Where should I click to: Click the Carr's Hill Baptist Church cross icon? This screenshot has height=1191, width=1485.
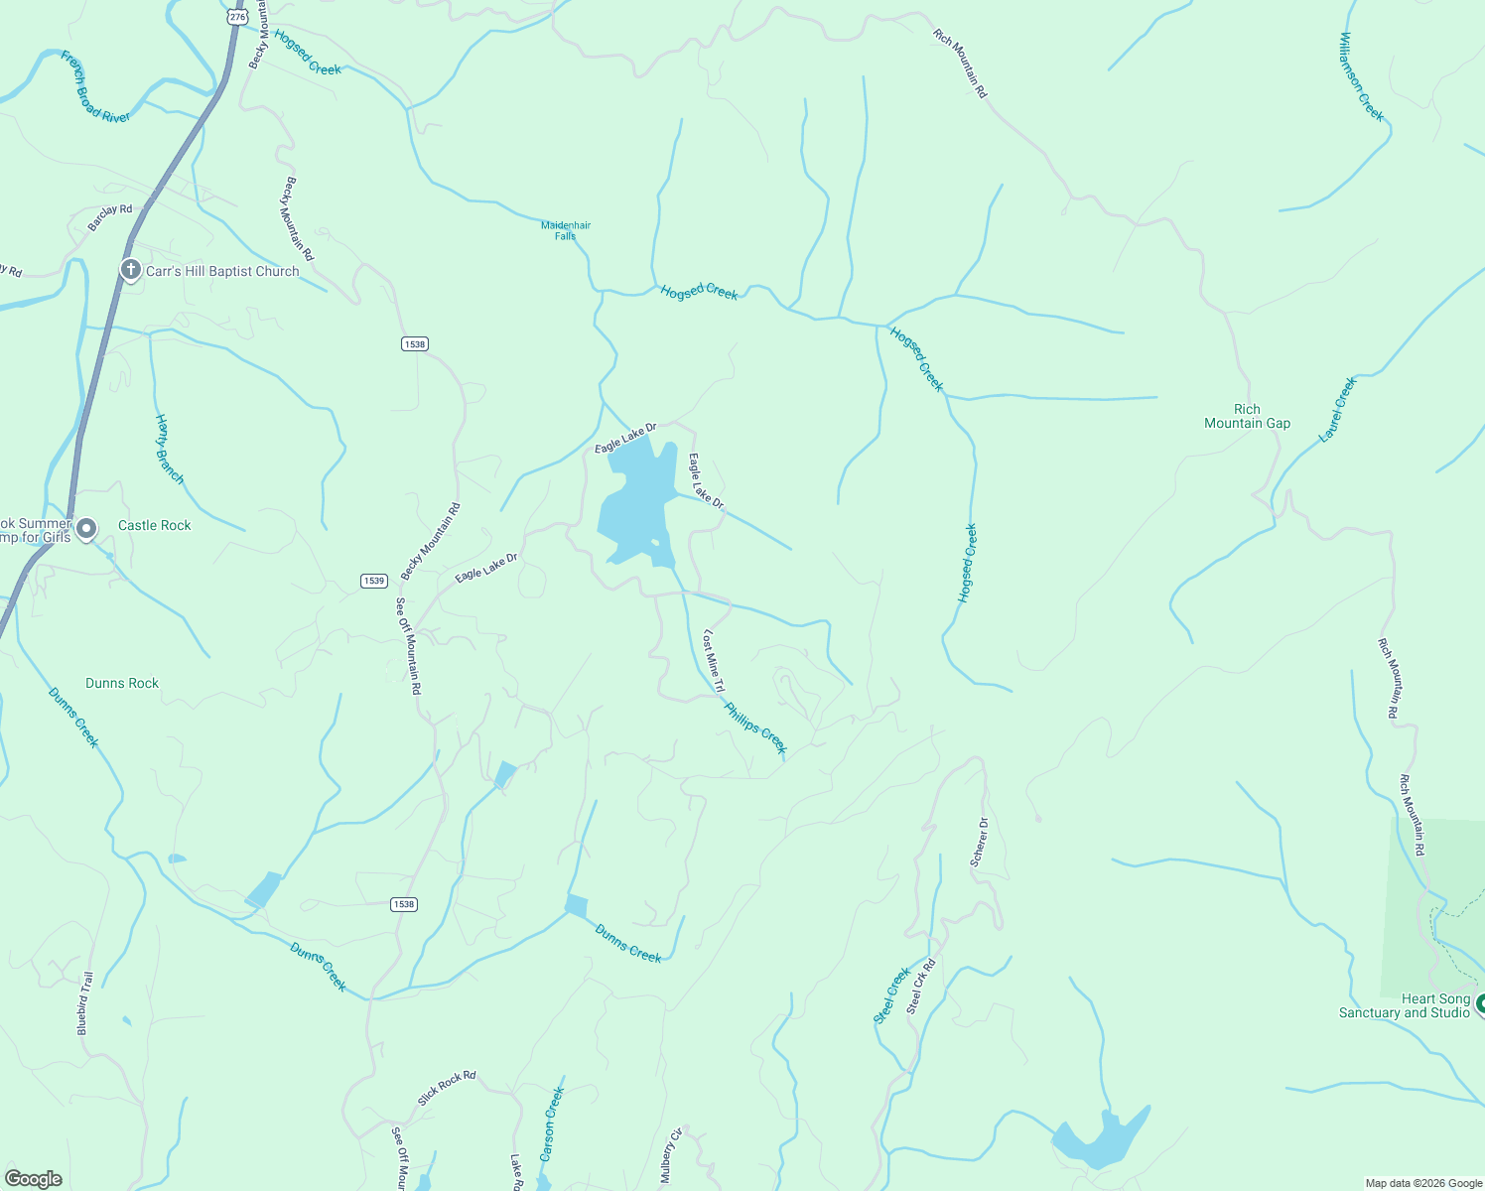point(130,270)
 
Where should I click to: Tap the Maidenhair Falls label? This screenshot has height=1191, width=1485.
point(566,230)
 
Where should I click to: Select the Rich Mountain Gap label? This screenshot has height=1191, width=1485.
point(1247,416)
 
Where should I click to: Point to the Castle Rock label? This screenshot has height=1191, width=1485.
point(155,525)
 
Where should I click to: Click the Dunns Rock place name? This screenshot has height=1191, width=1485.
point(122,683)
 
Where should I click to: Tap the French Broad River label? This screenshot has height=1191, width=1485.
point(95,86)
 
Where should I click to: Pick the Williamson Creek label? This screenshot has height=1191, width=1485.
point(1361,76)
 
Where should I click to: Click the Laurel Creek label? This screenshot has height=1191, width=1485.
point(1337,409)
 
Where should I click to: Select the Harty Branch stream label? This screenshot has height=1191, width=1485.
point(170,450)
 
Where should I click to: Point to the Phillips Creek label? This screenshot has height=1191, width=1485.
point(755,728)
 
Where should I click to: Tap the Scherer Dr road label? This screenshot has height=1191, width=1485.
point(980,842)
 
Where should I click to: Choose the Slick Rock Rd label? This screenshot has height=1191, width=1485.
point(447,1088)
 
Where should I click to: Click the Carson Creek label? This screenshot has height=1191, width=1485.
point(552,1124)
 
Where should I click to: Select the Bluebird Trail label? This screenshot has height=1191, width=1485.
point(85,1003)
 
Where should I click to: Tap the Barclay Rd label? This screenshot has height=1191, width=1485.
point(110,217)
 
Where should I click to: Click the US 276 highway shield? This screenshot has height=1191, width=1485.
point(236,17)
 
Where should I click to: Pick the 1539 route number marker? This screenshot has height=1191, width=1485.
point(373,581)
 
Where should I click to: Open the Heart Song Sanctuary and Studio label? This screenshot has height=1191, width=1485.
point(1404,1005)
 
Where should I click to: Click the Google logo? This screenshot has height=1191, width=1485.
point(33,1179)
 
